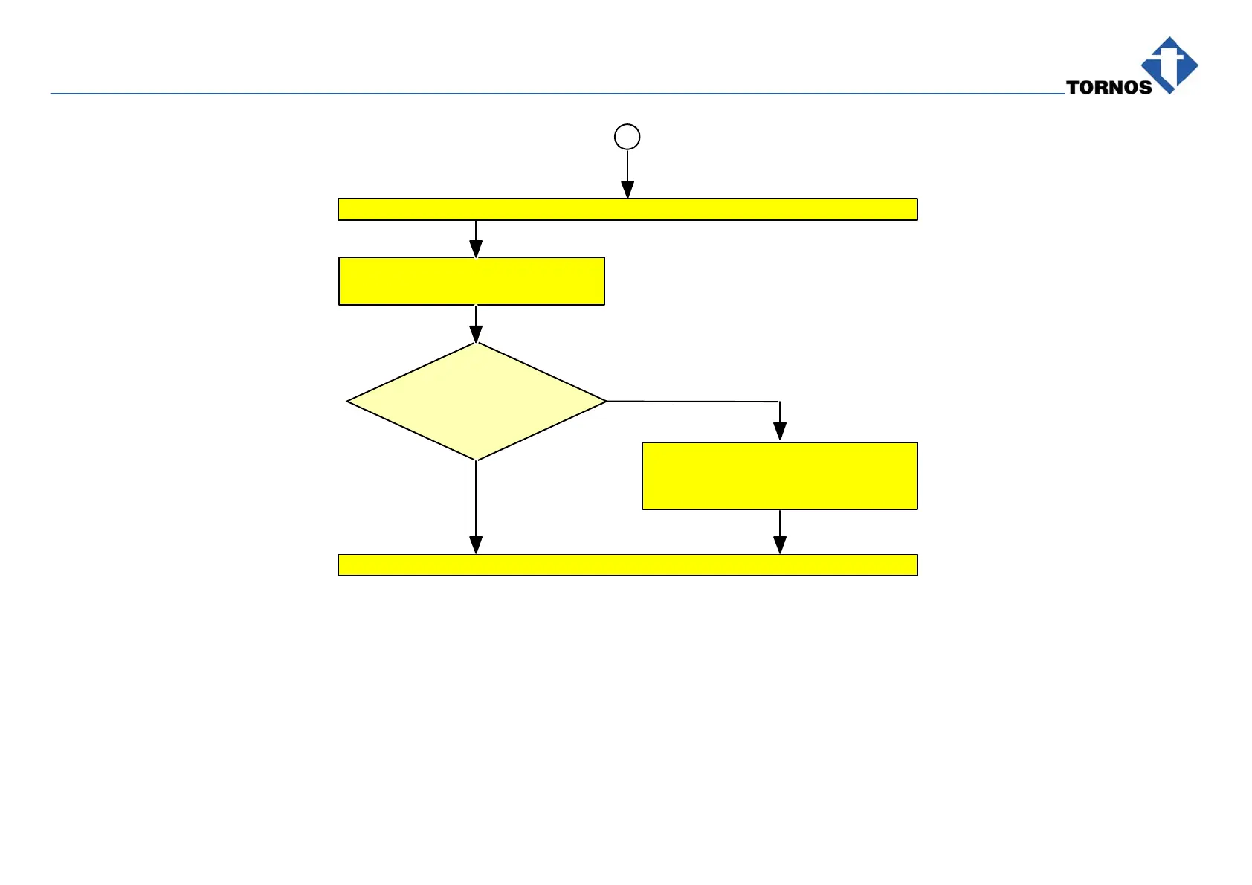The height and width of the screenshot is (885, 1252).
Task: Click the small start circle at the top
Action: click(627, 137)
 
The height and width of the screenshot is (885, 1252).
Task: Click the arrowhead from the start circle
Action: click(627, 190)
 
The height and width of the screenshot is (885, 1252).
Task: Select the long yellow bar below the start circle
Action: click(627, 210)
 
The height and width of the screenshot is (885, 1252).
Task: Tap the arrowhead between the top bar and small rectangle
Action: click(476, 249)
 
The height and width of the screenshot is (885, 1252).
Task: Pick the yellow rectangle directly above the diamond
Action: click(471, 281)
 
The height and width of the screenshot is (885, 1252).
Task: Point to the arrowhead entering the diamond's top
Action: click(476, 334)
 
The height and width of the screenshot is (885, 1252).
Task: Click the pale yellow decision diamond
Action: click(476, 402)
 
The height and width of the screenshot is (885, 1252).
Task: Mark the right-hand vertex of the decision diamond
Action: click(605, 402)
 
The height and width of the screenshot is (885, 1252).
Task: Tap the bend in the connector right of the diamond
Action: click(779, 402)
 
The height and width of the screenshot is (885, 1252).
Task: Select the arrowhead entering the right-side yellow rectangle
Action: click(780, 432)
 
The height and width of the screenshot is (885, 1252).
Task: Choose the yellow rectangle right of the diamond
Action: click(780, 476)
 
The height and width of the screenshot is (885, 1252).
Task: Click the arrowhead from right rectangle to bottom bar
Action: click(780, 545)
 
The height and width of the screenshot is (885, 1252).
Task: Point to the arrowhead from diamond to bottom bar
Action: click(476, 545)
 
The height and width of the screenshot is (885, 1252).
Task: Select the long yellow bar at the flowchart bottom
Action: click(627, 565)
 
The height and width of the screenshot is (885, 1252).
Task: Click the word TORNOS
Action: click(1109, 88)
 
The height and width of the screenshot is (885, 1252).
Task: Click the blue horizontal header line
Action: click(520, 94)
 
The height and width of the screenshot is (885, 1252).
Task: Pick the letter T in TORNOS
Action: click(1073, 88)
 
